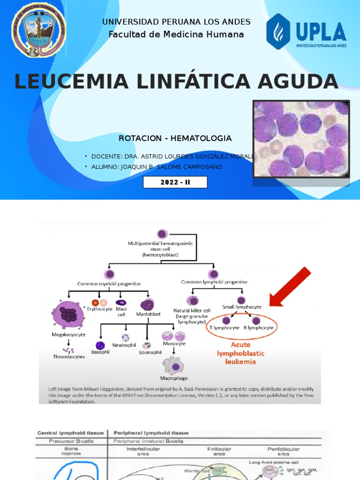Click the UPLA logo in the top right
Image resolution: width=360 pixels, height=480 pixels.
(306, 31)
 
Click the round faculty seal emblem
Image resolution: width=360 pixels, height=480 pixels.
(39, 30)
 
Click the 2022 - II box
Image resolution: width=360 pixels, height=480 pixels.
(175, 182)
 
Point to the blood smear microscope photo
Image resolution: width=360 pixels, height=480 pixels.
(301, 139)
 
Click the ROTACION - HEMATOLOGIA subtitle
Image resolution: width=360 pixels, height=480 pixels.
(175, 138)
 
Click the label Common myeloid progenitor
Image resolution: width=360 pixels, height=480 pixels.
(109, 283)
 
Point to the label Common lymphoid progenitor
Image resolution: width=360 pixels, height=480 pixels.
(214, 282)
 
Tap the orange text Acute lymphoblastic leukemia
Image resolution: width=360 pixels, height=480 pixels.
(240, 353)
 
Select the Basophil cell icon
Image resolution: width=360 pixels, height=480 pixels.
(100, 345)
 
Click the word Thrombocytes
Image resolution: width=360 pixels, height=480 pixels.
(69, 357)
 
